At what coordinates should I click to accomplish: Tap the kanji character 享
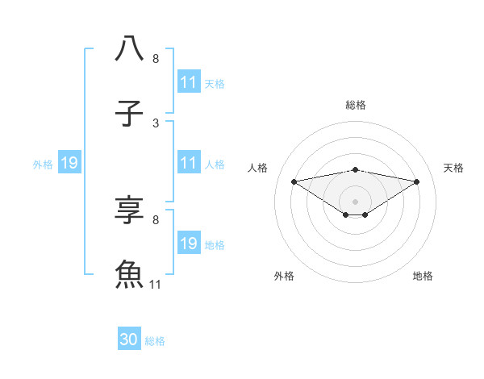point(130,209)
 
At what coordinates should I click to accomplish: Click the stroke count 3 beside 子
point(156,123)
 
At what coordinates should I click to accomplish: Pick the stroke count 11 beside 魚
point(156,285)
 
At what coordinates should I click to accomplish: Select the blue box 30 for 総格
point(129,340)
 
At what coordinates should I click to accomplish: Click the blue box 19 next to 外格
point(69,164)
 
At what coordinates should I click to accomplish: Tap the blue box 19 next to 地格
point(189,244)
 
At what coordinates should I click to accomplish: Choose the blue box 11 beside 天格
point(189,82)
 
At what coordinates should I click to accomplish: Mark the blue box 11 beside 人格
point(189,164)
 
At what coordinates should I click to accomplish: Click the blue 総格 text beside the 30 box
point(155,341)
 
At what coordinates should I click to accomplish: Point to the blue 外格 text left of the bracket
point(43,165)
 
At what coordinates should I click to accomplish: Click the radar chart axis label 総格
point(355,105)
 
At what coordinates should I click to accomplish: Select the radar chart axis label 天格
point(453,168)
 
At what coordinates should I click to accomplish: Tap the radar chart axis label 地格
point(423,276)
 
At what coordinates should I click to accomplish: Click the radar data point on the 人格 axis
point(294,181)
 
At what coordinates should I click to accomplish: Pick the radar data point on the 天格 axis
point(417,181)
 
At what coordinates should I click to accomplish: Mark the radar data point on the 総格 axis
point(355,169)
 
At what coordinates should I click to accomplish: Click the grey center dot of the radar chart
point(355,201)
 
